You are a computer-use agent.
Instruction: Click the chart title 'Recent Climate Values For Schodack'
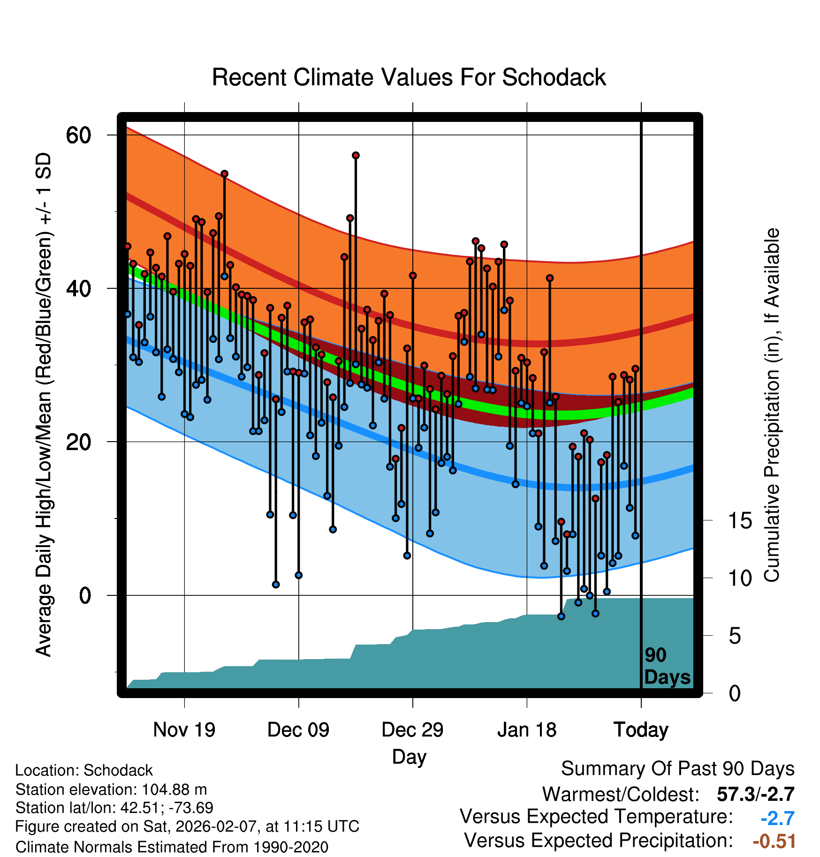[x=409, y=78]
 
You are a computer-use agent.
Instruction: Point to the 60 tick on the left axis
[x=78, y=135]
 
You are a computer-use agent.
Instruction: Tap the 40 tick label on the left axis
[x=78, y=289]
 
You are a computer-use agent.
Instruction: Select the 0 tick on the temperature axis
[x=85, y=596]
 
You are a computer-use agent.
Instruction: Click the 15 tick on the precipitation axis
[x=740, y=521]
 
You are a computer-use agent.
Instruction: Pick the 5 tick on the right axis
[x=735, y=636]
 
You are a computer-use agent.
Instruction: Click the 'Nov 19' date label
[x=184, y=730]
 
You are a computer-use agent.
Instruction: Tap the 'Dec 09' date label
[x=298, y=730]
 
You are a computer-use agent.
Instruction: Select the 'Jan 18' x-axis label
[x=527, y=730]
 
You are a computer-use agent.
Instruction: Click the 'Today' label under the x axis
[x=641, y=730]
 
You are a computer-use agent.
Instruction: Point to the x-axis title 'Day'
[x=409, y=757]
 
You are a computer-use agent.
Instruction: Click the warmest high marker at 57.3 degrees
[x=356, y=155]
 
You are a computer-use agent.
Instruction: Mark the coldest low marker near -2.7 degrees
[x=561, y=616]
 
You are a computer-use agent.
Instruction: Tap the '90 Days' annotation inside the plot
[x=667, y=667]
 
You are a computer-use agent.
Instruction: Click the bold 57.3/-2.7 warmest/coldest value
[x=755, y=795]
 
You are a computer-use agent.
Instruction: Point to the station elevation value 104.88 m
[x=174, y=790]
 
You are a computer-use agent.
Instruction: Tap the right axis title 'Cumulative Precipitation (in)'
[x=772, y=406]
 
